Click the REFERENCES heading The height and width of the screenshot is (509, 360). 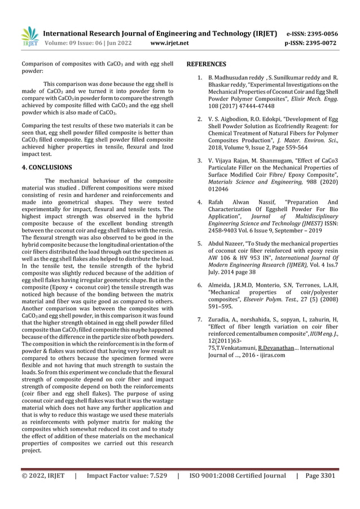[206, 64]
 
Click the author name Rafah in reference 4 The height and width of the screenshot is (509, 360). [217, 202]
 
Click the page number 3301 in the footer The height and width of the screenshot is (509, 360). [327, 476]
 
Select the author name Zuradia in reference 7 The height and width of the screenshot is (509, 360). [221, 320]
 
